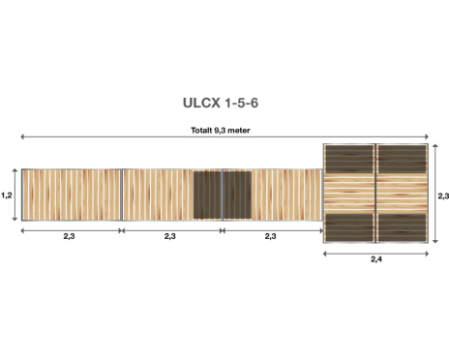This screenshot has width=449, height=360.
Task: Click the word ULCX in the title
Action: [202, 104]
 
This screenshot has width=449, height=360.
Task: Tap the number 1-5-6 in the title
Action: [242, 104]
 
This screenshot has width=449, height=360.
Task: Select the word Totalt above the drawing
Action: [201, 131]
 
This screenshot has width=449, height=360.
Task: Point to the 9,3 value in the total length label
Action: [221, 131]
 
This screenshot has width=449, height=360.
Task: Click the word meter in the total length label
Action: [239, 131]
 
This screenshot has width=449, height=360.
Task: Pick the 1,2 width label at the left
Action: [7, 195]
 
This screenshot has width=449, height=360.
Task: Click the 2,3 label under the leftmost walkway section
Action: [69, 236]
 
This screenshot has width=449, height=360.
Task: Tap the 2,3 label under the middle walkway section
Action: [170, 236]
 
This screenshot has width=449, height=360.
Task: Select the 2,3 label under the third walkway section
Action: [271, 236]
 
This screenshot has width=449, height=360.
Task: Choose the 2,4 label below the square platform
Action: [376, 259]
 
